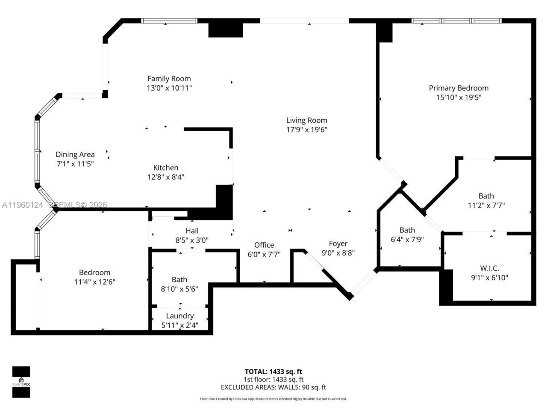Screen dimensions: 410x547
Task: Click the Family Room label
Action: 169,79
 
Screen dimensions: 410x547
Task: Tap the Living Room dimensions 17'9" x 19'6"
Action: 306,130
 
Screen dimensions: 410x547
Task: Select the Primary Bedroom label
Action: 459,88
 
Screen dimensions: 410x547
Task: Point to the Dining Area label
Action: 75,155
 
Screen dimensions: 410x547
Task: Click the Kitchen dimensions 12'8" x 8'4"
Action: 166,177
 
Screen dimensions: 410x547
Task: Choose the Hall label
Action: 192,231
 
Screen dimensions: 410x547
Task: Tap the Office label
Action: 264,245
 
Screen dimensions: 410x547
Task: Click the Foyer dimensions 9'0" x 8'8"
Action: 338,253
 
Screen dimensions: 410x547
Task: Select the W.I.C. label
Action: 489,268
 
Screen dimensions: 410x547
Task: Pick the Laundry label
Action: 179,316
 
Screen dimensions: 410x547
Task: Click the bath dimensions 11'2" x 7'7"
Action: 486,205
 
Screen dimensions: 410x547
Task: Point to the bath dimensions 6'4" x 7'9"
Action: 407,240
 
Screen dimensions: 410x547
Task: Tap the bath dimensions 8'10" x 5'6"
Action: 179,289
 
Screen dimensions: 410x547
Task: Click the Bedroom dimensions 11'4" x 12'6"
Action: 94,282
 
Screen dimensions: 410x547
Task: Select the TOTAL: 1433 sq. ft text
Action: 273,372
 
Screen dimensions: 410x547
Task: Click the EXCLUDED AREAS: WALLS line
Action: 273,387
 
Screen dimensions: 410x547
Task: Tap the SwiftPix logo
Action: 21,382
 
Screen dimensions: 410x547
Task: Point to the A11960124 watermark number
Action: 22,205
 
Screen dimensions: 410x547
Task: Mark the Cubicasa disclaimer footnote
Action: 273,399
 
